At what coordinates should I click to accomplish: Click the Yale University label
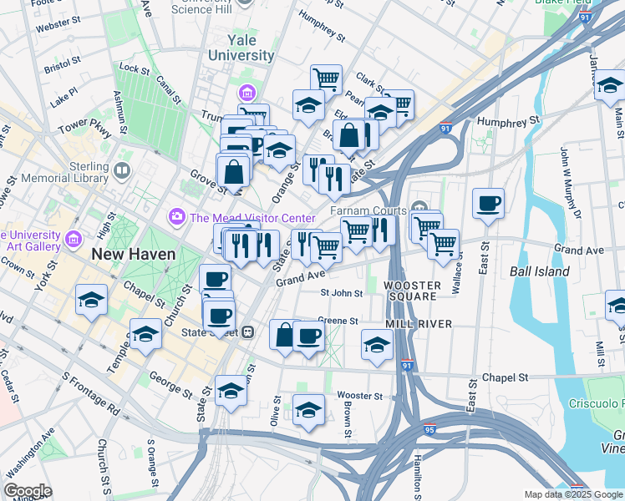[x=239, y=48]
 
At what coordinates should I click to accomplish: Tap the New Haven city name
[x=134, y=254]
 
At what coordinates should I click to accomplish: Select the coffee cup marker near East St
[x=488, y=203]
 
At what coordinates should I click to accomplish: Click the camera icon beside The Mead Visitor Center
[x=176, y=217]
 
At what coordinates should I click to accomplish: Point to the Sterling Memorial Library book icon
[x=123, y=171]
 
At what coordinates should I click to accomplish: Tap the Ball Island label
[x=539, y=271]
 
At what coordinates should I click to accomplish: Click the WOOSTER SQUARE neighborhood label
[x=411, y=291]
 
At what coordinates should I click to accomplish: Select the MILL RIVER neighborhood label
[x=419, y=323]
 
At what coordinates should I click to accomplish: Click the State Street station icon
[x=247, y=332]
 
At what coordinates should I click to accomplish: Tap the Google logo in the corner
[x=28, y=490]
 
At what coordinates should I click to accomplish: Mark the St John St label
[x=342, y=293]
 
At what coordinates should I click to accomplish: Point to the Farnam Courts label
[x=368, y=210]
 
